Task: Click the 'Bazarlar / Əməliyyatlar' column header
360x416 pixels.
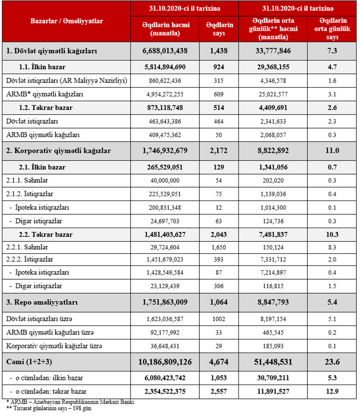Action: [67, 21]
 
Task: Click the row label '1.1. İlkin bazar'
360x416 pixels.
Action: [42, 67]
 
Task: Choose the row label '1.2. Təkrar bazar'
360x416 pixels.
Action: [45, 107]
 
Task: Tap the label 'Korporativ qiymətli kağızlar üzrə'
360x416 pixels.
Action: [54, 346]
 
